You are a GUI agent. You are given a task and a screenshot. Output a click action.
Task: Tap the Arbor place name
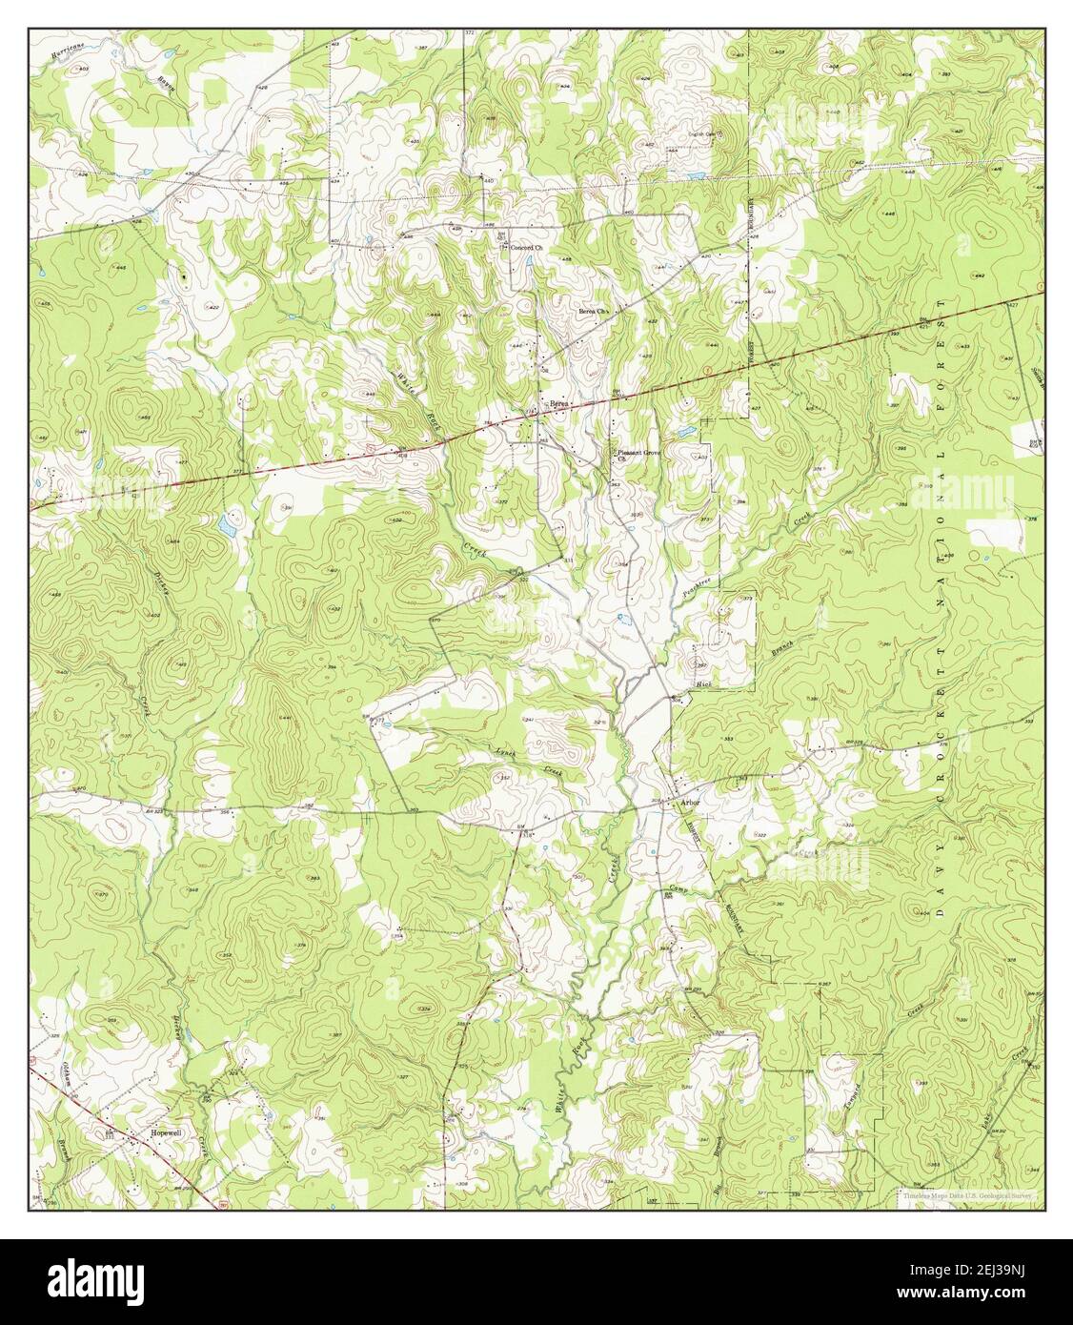coord(689,804)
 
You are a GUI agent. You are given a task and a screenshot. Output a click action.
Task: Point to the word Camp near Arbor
coord(677,890)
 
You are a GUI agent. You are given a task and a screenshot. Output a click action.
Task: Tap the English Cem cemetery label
coord(702,134)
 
